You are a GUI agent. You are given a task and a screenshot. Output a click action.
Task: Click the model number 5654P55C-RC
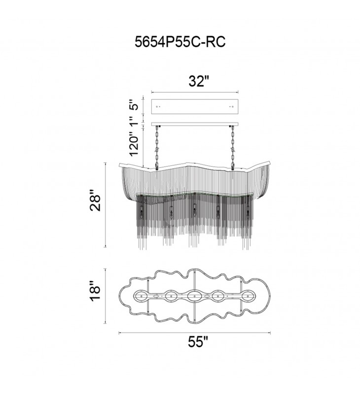[x=180, y=42]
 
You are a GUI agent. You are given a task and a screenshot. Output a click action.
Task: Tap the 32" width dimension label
[x=199, y=81]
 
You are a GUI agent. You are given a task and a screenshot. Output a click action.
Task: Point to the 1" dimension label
[x=135, y=120]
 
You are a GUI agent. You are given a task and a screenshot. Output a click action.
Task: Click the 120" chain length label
[x=134, y=146]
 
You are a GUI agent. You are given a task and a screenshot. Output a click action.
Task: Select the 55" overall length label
[x=198, y=342]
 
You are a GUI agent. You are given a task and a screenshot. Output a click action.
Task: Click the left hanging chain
[x=157, y=147]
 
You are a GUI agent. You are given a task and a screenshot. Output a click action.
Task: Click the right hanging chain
[x=233, y=147]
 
